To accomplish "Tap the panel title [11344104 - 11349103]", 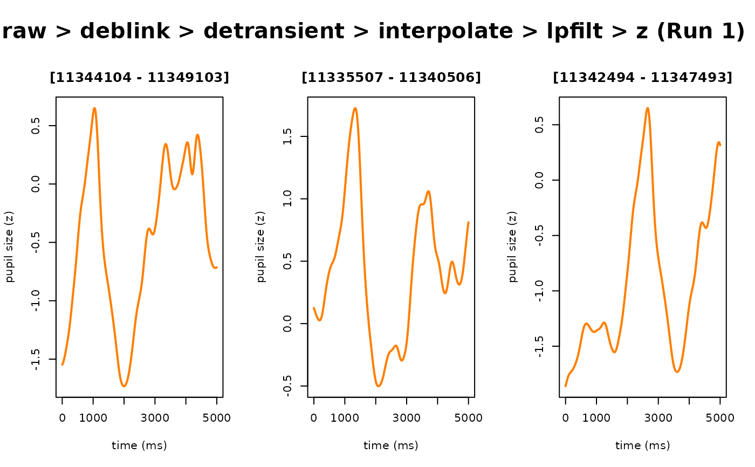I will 139,78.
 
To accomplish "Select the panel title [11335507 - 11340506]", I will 391,78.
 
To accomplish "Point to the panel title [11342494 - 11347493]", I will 642,78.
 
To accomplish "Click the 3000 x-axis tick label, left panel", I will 155,418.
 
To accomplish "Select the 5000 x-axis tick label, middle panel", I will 469,418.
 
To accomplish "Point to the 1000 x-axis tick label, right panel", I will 596,418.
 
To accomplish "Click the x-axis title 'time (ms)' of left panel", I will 139,445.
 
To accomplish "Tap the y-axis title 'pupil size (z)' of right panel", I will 513,247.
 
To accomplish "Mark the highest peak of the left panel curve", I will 94,108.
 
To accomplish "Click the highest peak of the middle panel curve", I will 355,108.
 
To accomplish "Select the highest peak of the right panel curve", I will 647,108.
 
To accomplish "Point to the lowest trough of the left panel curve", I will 124,386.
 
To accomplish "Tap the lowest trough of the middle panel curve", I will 379,386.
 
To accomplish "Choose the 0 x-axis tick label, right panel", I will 565,418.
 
